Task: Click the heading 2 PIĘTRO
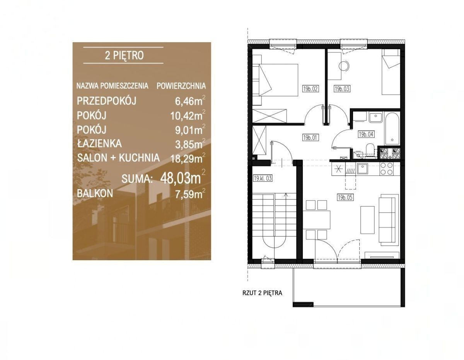pyautogui.click(x=124, y=56)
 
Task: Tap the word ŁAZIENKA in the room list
pyautogui.click(x=99, y=143)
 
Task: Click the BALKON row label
pyautogui.click(x=95, y=193)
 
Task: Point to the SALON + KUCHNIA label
pyautogui.click(x=118, y=158)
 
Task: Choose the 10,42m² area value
pyautogui.click(x=188, y=116)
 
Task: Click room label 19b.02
pyautogui.click(x=310, y=89)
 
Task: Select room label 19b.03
pyautogui.click(x=342, y=89)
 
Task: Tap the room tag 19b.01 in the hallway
pyautogui.click(x=310, y=138)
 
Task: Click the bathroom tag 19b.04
pyautogui.click(x=366, y=135)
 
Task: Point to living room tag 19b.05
pyautogui.click(x=345, y=198)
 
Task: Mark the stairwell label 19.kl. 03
pyautogui.click(x=263, y=178)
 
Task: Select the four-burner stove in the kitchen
pyautogui.click(x=387, y=169)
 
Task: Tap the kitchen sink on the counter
pyautogui.click(x=362, y=169)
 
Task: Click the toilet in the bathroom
pyautogui.click(x=369, y=151)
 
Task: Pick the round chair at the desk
pyautogui.click(x=344, y=66)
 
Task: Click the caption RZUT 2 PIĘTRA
pyautogui.click(x=262, y=293)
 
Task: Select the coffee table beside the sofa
pyautogui.click(x=367, y=220)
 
